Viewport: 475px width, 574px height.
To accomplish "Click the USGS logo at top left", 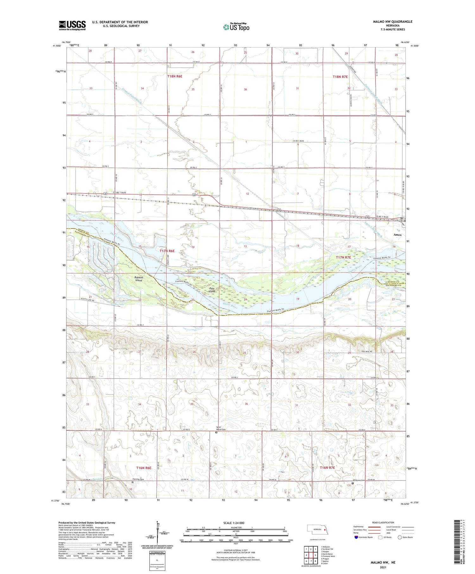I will pos(72,25).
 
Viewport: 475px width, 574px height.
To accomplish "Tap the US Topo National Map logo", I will pos(236,27).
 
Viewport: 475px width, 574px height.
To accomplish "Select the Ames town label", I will pos(397,235).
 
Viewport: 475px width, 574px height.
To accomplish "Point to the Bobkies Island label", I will pos(139,279).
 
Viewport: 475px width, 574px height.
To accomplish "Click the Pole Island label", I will pos(212,290).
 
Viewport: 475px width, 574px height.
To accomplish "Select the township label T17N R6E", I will pos(167,251).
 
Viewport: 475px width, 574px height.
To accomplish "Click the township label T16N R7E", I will pos(327,468).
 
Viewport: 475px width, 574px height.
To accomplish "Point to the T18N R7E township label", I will pos(340,77).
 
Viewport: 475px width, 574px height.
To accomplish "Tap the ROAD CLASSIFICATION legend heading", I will pos(383,522).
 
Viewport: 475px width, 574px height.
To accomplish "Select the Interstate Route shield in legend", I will pos(356,537).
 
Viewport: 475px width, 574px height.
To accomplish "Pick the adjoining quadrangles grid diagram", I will pos(311,555).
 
